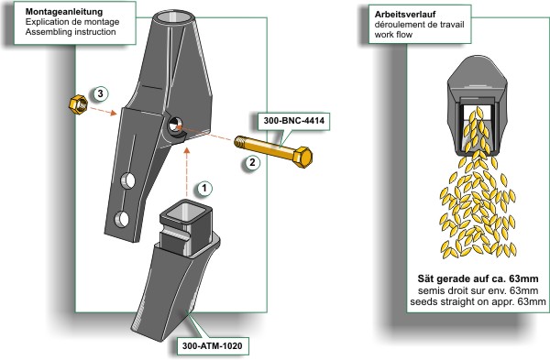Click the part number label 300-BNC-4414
(294, 121)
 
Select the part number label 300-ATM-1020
(213, 346)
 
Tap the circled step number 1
(204, 189)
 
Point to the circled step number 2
(252, 163)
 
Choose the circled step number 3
(100, 94)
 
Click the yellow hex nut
(78, 104)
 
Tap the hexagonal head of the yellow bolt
(302, 157)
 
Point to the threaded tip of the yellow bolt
(239, 141)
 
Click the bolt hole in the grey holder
(174, 125)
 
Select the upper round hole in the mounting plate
(128, 180)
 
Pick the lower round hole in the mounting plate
(122, 219)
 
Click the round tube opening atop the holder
(174, 16)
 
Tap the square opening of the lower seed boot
(185, 213)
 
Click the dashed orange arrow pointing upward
(187, 172)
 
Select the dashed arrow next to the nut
(104, 111)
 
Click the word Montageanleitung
(64, 12)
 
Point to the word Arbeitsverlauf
(405, 15)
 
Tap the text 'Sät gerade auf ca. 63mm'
(478, 279)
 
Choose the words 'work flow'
(393, 35)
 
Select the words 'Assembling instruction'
(71, 32)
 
